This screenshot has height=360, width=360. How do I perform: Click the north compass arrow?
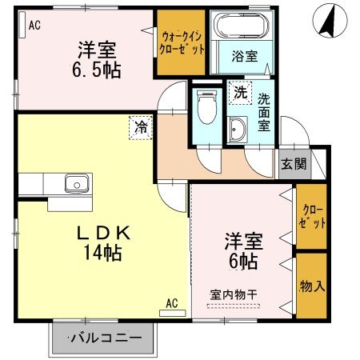click(326, 21)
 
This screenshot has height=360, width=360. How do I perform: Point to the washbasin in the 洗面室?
click(238, 129)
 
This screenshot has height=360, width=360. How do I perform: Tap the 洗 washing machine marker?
click(240, 93)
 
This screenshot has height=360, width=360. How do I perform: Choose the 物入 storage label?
click(312, 286)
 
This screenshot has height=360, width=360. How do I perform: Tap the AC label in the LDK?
click(173, 302)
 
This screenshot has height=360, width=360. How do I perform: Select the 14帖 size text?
click(99, 254)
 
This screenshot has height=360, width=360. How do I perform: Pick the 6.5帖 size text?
click(99, 70)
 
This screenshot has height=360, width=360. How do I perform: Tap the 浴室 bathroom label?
click(244, 56)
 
